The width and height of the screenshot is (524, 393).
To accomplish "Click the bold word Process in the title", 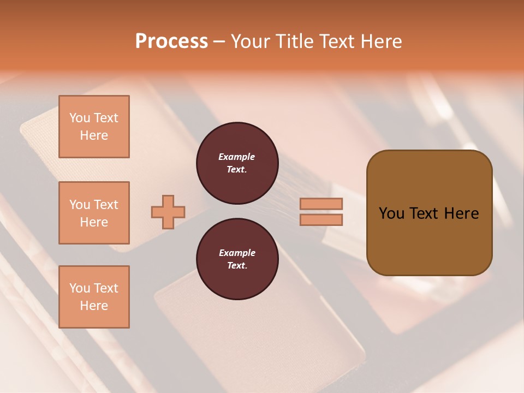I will tap(171, 41).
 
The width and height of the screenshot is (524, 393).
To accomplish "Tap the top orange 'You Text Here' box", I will tap(94, 127).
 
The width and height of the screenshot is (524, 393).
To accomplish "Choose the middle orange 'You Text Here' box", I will tap(94, 213).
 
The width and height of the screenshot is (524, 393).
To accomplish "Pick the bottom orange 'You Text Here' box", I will tap(94, 297).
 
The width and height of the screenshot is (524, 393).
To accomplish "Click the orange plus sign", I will tap(168, 212).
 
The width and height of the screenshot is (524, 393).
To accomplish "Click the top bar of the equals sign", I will tap(321, 204).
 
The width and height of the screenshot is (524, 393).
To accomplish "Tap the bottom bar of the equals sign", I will tap(321, 220).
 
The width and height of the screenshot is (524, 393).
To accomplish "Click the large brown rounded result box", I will tap(429, 240).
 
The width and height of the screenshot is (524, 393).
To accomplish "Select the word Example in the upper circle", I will tap(237, 157).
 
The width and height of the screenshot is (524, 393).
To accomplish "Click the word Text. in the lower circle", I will tap(237, 266).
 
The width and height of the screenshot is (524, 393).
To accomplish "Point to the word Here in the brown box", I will tap(461, 213).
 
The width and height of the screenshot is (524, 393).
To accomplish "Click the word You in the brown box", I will tap(391, 213).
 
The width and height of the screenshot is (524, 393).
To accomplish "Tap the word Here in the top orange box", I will tap(94, 135).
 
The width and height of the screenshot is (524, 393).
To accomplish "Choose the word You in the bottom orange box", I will tap(80, 288).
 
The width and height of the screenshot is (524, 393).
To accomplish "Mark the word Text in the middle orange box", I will tap(105, 205).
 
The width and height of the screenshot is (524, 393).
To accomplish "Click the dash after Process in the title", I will tap(219, 41).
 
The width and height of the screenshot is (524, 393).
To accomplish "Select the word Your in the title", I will tap(252, 41).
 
